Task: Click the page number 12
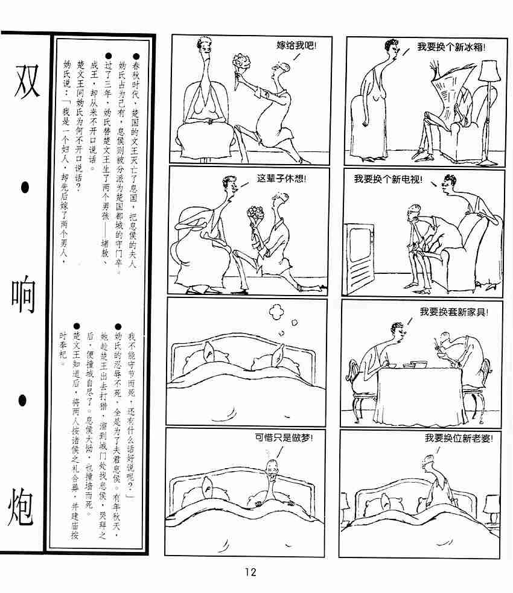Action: point(250,571)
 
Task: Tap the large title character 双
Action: point(26,81)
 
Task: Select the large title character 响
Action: point(23,294)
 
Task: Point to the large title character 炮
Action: point(21,507)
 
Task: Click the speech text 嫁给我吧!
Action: point(296,46)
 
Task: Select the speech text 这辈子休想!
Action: point(281,178)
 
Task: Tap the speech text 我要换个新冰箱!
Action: point(451,47)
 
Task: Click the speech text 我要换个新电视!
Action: point(388,179)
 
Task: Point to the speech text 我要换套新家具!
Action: point(454,312)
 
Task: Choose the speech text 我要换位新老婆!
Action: point(459,438)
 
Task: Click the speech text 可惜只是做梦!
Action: point(284,437)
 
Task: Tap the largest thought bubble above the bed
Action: point(276,311)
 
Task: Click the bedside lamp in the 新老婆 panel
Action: point(492,509)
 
